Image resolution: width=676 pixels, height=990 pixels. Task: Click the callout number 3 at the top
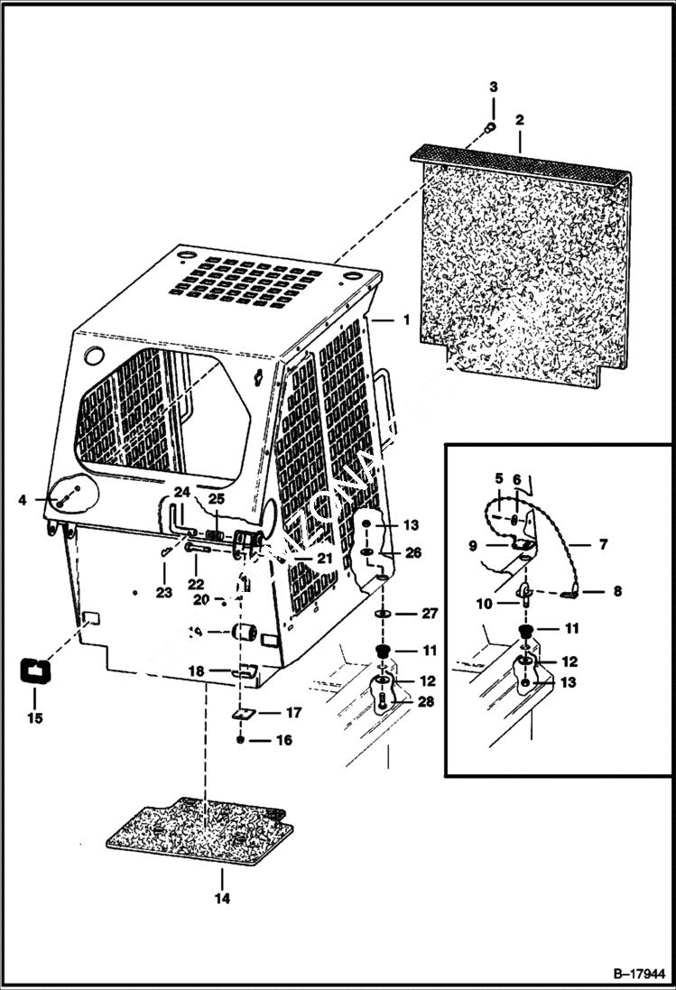494,87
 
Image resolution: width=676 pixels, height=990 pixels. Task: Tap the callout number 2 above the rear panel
520,119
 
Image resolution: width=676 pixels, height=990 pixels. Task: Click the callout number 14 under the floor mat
222,899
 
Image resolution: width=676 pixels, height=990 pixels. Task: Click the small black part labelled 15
35,672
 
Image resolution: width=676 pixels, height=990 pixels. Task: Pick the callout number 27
430,614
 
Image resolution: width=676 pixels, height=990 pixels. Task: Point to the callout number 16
284,741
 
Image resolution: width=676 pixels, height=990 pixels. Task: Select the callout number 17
293,713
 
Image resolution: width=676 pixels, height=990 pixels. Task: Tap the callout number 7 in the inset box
603,545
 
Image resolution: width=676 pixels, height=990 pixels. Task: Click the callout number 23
163,593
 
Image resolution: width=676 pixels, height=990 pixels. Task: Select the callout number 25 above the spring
217,498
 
